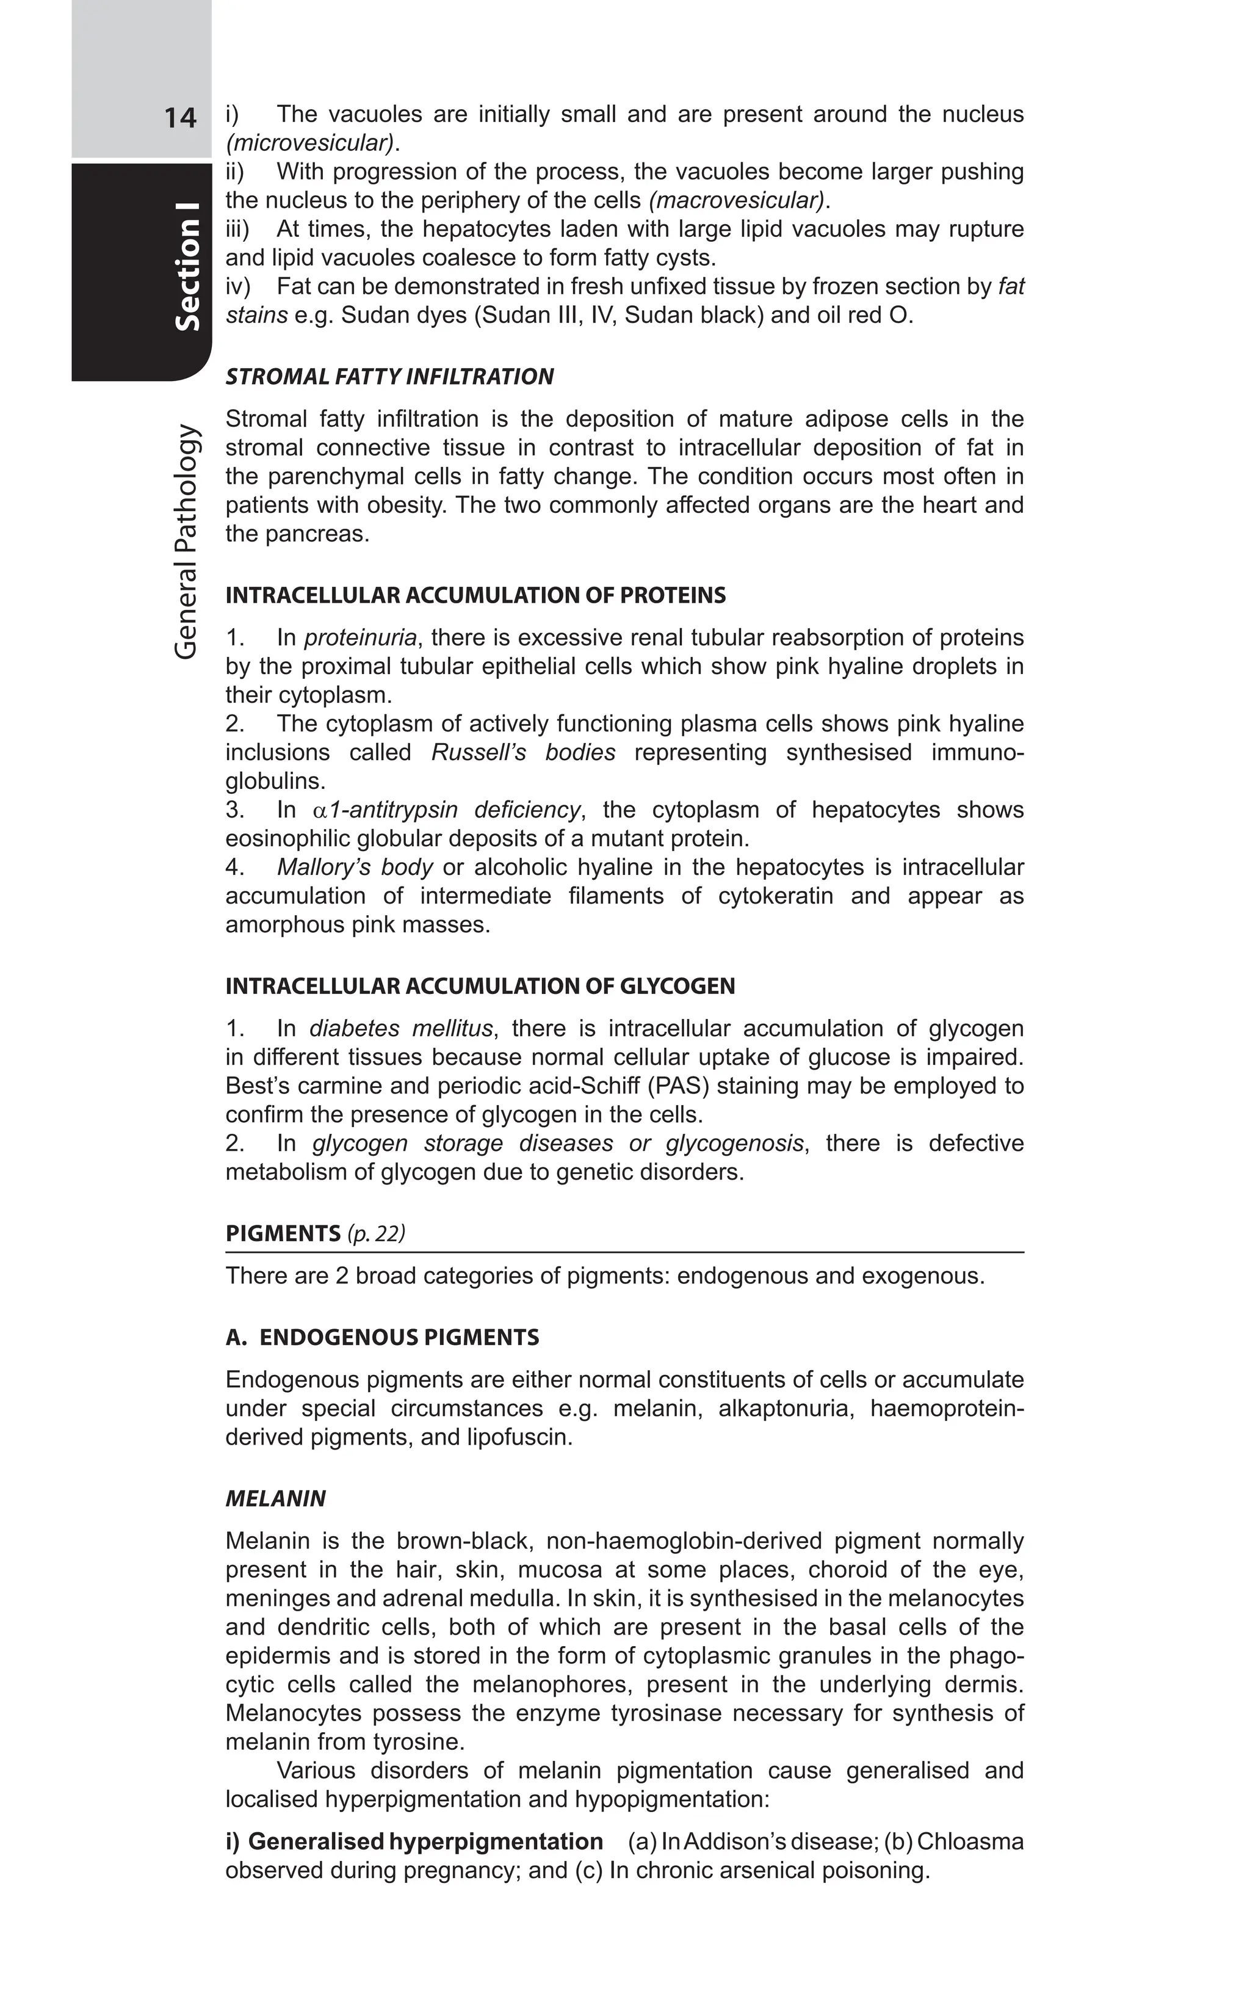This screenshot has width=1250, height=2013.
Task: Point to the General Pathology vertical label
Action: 187,542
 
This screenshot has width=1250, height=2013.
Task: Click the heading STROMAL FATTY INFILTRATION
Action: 389,377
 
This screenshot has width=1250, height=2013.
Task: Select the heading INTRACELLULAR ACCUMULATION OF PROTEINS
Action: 475,595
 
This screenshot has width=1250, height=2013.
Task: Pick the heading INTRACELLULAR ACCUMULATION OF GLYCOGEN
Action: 480,986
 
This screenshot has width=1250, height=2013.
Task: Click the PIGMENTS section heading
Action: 283,1234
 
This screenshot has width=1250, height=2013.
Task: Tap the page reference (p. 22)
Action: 376,1234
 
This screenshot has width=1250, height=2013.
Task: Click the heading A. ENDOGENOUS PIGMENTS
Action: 382,1337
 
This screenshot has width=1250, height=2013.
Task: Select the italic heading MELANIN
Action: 275,1498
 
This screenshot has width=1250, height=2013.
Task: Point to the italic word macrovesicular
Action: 737,200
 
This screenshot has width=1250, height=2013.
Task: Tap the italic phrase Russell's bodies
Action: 523,753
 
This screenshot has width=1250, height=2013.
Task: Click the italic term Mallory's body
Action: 355,868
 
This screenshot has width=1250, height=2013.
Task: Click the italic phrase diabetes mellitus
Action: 401,1029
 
